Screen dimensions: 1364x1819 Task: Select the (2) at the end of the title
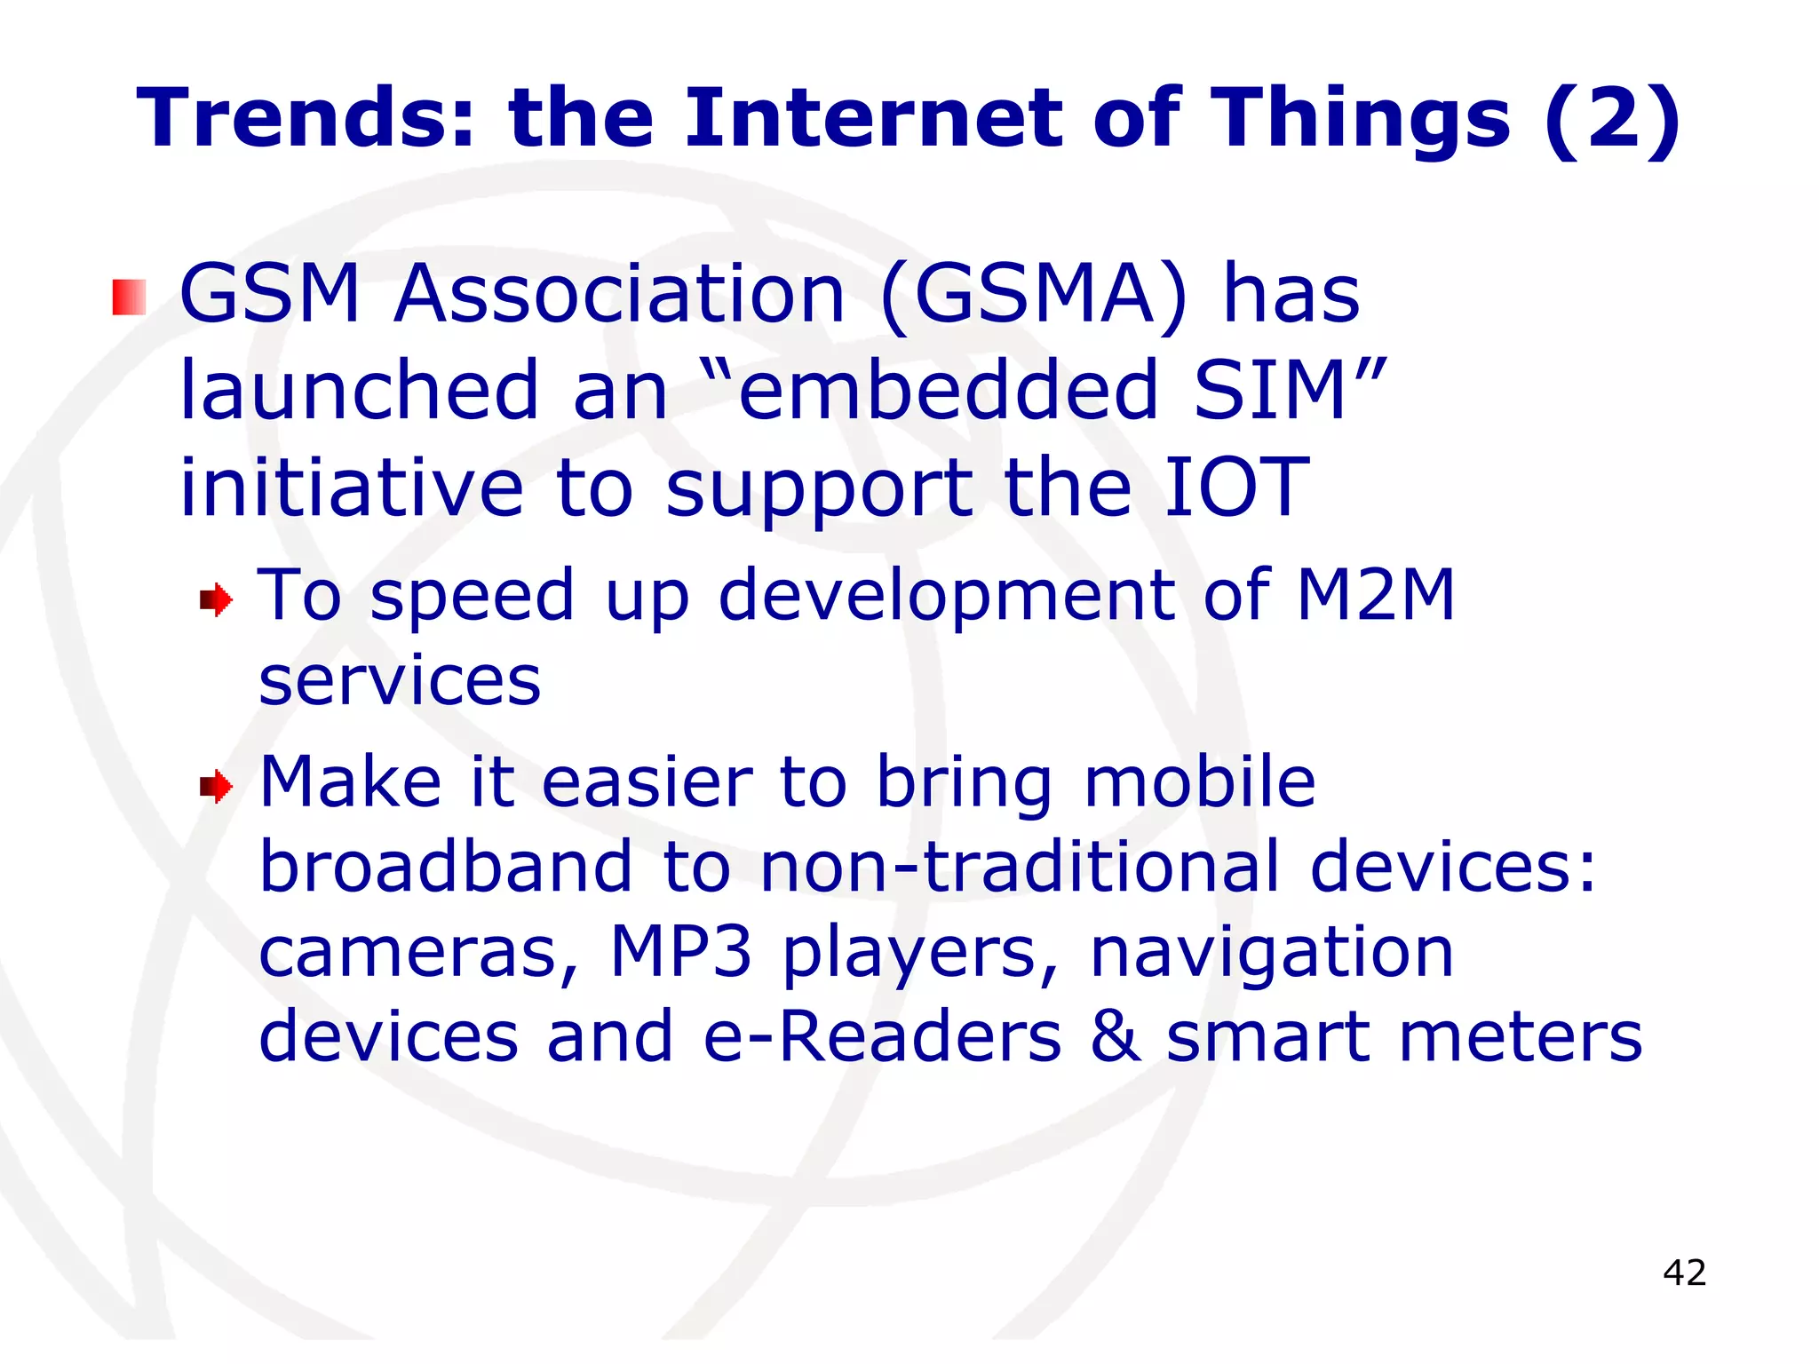(1612, 120)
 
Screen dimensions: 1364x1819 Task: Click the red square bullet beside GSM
(130, 297)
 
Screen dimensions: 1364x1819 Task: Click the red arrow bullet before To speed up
(216, 600)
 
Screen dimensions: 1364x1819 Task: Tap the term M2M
(1375, 594)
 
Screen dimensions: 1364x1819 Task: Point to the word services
(400, 681)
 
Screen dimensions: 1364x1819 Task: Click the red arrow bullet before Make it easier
(216, 787)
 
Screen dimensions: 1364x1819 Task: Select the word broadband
(446, 867)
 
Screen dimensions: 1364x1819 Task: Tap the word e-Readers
(882, 1036)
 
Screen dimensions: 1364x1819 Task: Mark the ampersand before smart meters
(1115, 1036)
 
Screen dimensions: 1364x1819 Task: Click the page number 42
(1684, 1273)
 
